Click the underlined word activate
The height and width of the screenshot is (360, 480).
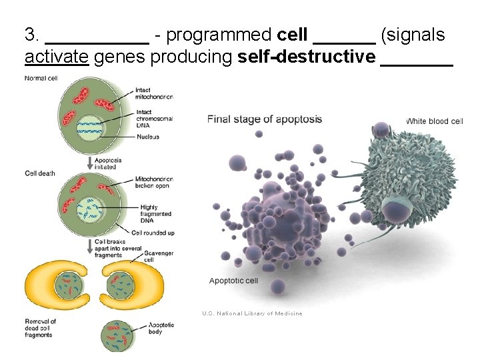point(57,58)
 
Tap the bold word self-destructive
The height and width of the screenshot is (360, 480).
point(307,58)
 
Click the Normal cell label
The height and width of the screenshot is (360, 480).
point(41,79)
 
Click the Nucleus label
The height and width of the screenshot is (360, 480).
point(147,137)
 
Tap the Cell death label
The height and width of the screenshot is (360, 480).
point(40,173)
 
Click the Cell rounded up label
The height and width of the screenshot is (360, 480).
point(153,233)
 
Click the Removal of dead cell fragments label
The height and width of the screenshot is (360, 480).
point(40,328)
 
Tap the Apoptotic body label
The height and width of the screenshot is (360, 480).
point(161,328)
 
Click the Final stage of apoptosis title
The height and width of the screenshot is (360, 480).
point(265,120)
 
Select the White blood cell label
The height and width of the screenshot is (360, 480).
point(434,121)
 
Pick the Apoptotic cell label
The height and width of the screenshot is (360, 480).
point(233,281)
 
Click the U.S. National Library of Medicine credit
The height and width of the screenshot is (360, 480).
point(252,313)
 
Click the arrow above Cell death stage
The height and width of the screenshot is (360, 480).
point(89,162)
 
